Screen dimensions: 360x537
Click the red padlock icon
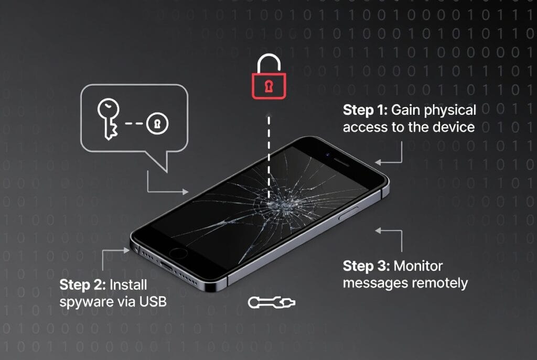point(269,82)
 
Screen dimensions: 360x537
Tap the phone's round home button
point(178,254)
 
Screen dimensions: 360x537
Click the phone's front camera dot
point(328,155)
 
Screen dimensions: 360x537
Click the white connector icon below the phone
point(272,302)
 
